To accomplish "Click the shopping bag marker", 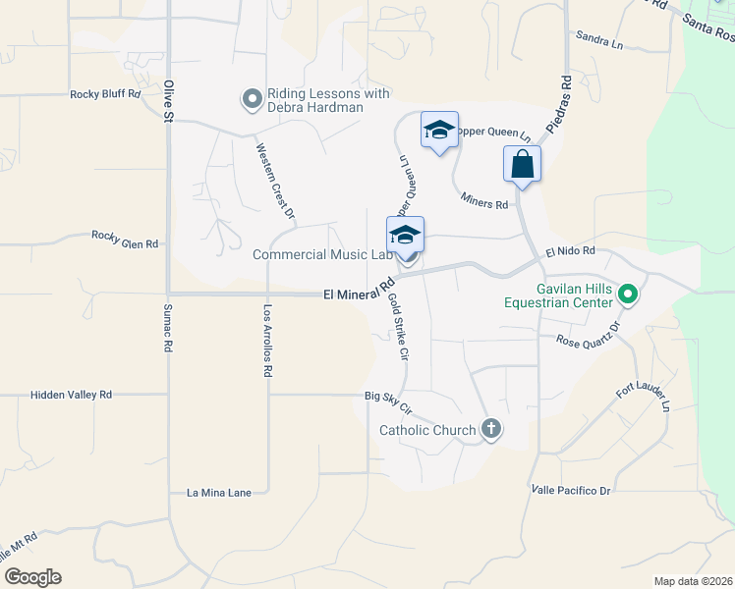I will click(x=522, y=164).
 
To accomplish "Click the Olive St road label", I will click(x=168, y=101).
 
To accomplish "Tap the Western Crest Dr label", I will click(x=276, y=181).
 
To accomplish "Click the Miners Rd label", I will click(x=485, y=200).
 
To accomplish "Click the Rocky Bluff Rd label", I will click(x=106, y=94).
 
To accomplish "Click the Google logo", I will click(x=32, y=577).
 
